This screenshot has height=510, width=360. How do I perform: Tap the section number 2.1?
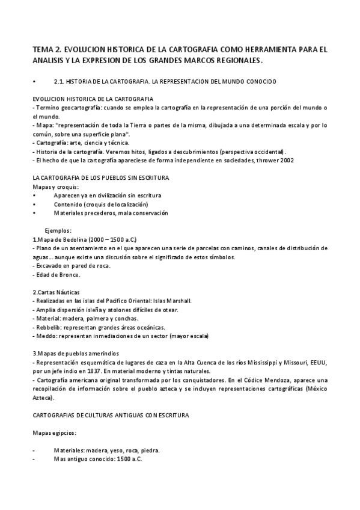click(59, 81)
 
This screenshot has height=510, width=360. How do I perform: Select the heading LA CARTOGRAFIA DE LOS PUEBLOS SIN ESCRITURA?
click(100, 179)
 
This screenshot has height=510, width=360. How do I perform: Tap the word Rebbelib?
click(48, 327)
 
